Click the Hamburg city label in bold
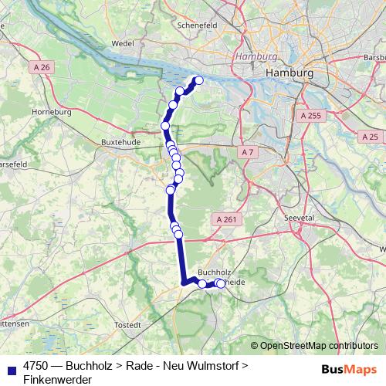pos(289,72)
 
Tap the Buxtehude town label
pos(120,141)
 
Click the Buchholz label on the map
pos(215,273)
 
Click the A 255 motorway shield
pos(309,115)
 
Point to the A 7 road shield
pos(247,152)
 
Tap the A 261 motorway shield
pos(226,220)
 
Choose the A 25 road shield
pos(371,136)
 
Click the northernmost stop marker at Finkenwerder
pos(198,80)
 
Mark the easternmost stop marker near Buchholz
pos(222,283)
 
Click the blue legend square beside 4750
pos(10,368)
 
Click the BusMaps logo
pos(349,369)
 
